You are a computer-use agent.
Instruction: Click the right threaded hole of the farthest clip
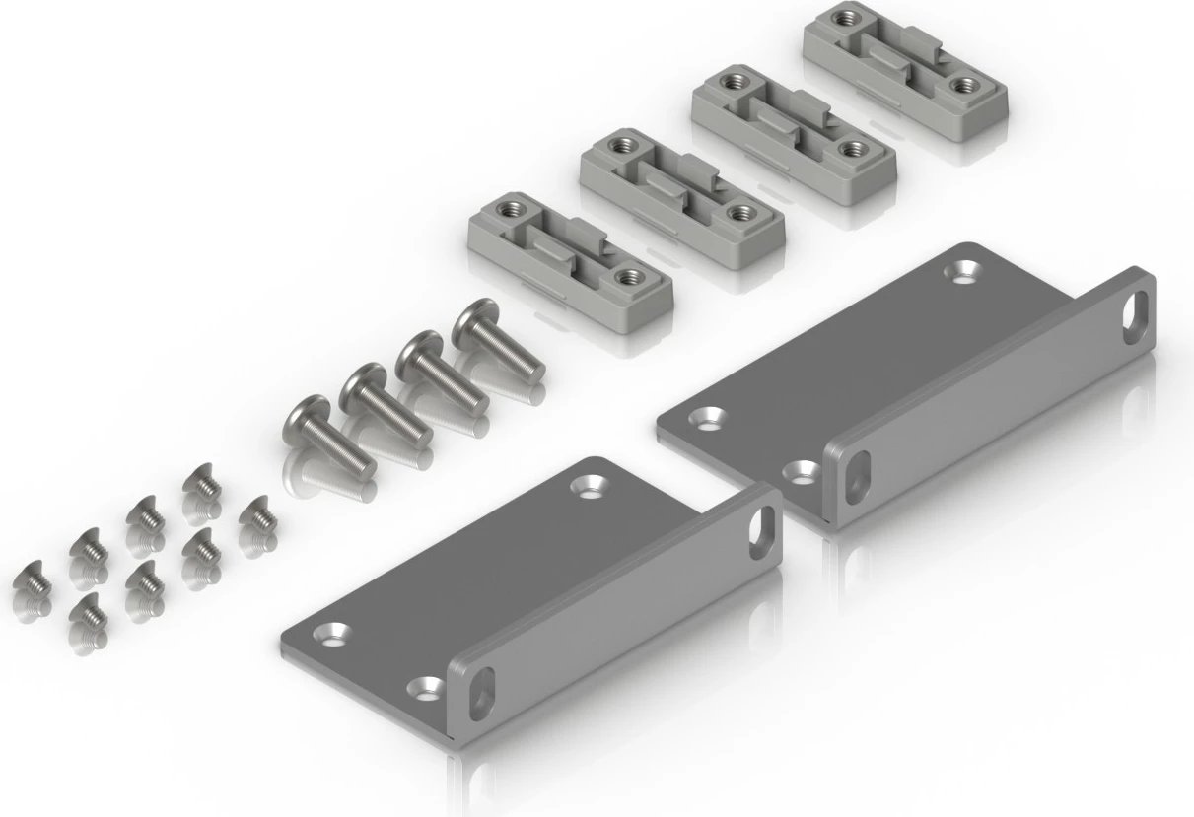click(x=958, y=85)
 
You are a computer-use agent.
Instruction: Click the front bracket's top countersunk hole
click(x=592, y=485)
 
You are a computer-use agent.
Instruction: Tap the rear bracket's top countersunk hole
click(x=958, y=268)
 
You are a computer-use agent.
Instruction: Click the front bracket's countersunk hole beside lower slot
click(x=426, y=684)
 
